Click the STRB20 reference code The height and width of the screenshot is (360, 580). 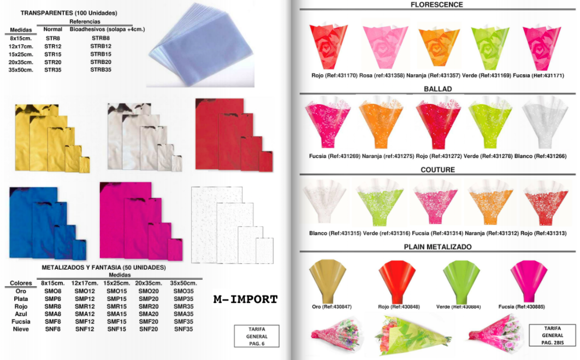pyautogui.click(x=100, y=62)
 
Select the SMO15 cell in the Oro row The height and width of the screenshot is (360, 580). pyautogui.click(x=116, y=291)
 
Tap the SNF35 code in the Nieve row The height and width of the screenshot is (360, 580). pyautogui.click(x=184, y=329)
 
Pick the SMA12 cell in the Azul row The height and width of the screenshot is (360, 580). pyautogui.click(x=85, y=314)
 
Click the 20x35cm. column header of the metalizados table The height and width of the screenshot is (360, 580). pyautogui.click(x=149, y=283)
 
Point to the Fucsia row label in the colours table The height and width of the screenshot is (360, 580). pyautogui.click(x=21, y=322)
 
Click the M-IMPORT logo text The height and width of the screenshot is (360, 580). pyautogui.click(x=245, y=299)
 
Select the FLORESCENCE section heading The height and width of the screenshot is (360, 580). pyautogui.click(x=436, y=5)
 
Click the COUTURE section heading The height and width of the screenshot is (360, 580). pyautogui.click(x=437, y=170)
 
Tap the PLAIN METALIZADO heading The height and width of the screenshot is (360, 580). pyautogui.click(x=437, y=247)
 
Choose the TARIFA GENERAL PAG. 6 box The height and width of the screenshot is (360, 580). pyautogui.click(x=257, y=336)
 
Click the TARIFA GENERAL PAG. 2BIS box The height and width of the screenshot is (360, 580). pyautogui.click(x=552, y=335)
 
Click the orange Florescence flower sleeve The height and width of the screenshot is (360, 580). pyautogui.click(x=439, y=46)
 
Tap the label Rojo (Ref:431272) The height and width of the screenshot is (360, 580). pyautogui.click(x=439, y=156)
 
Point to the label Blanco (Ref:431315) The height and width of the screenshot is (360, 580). pyautogui.click(x=335, y=233)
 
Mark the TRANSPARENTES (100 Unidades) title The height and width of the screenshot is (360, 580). pyautogui.click(x=69, y=13)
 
